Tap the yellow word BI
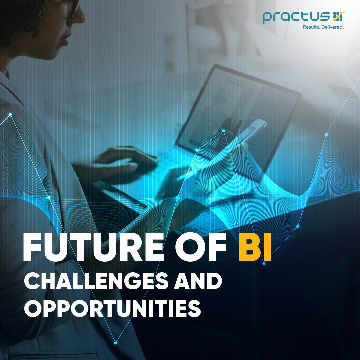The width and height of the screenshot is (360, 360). pos(255,247)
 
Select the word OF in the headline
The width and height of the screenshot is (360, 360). pos(201,247)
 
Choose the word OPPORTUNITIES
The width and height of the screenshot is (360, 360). pos(113,308)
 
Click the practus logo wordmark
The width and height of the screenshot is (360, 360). pos(296,17)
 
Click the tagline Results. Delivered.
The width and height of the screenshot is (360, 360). pos(323,27)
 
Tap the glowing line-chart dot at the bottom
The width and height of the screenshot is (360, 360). pos(115,343)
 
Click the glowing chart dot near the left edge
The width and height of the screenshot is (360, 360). pos(10,114)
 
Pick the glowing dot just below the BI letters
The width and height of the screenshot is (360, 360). pos(264,264)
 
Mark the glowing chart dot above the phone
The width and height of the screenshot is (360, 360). pos(223,131)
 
